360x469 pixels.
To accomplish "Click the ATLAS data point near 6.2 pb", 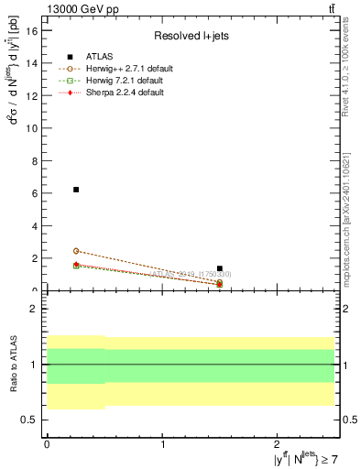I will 76,190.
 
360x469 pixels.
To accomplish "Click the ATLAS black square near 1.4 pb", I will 220,268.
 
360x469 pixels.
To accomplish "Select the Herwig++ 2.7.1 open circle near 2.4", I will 76,251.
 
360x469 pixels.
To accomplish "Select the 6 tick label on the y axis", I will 36,193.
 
